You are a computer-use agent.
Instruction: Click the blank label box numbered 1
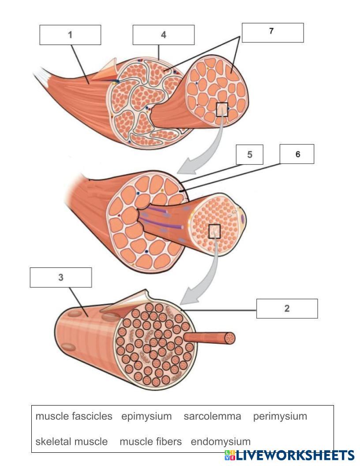pos(70,35)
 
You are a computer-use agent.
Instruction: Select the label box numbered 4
pos(163,35)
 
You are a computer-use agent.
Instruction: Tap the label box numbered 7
pos(273,33)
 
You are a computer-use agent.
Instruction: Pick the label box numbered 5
pos(249,155)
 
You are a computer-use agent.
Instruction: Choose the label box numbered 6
pos(297,154)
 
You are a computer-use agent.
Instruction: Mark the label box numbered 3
pos(61,278)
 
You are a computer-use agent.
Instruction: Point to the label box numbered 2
pos(287,308)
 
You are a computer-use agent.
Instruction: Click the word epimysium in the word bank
pos(146,416)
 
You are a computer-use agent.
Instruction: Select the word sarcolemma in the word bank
pos(212,416)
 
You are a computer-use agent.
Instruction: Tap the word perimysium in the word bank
pos(280,416)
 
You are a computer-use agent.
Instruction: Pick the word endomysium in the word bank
pos(220,441)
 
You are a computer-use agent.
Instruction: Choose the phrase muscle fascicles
pos(74,416)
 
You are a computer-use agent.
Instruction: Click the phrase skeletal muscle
pos(71,441)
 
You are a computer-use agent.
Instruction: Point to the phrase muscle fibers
pos(150,441)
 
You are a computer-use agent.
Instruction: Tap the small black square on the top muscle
pos(222,109)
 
